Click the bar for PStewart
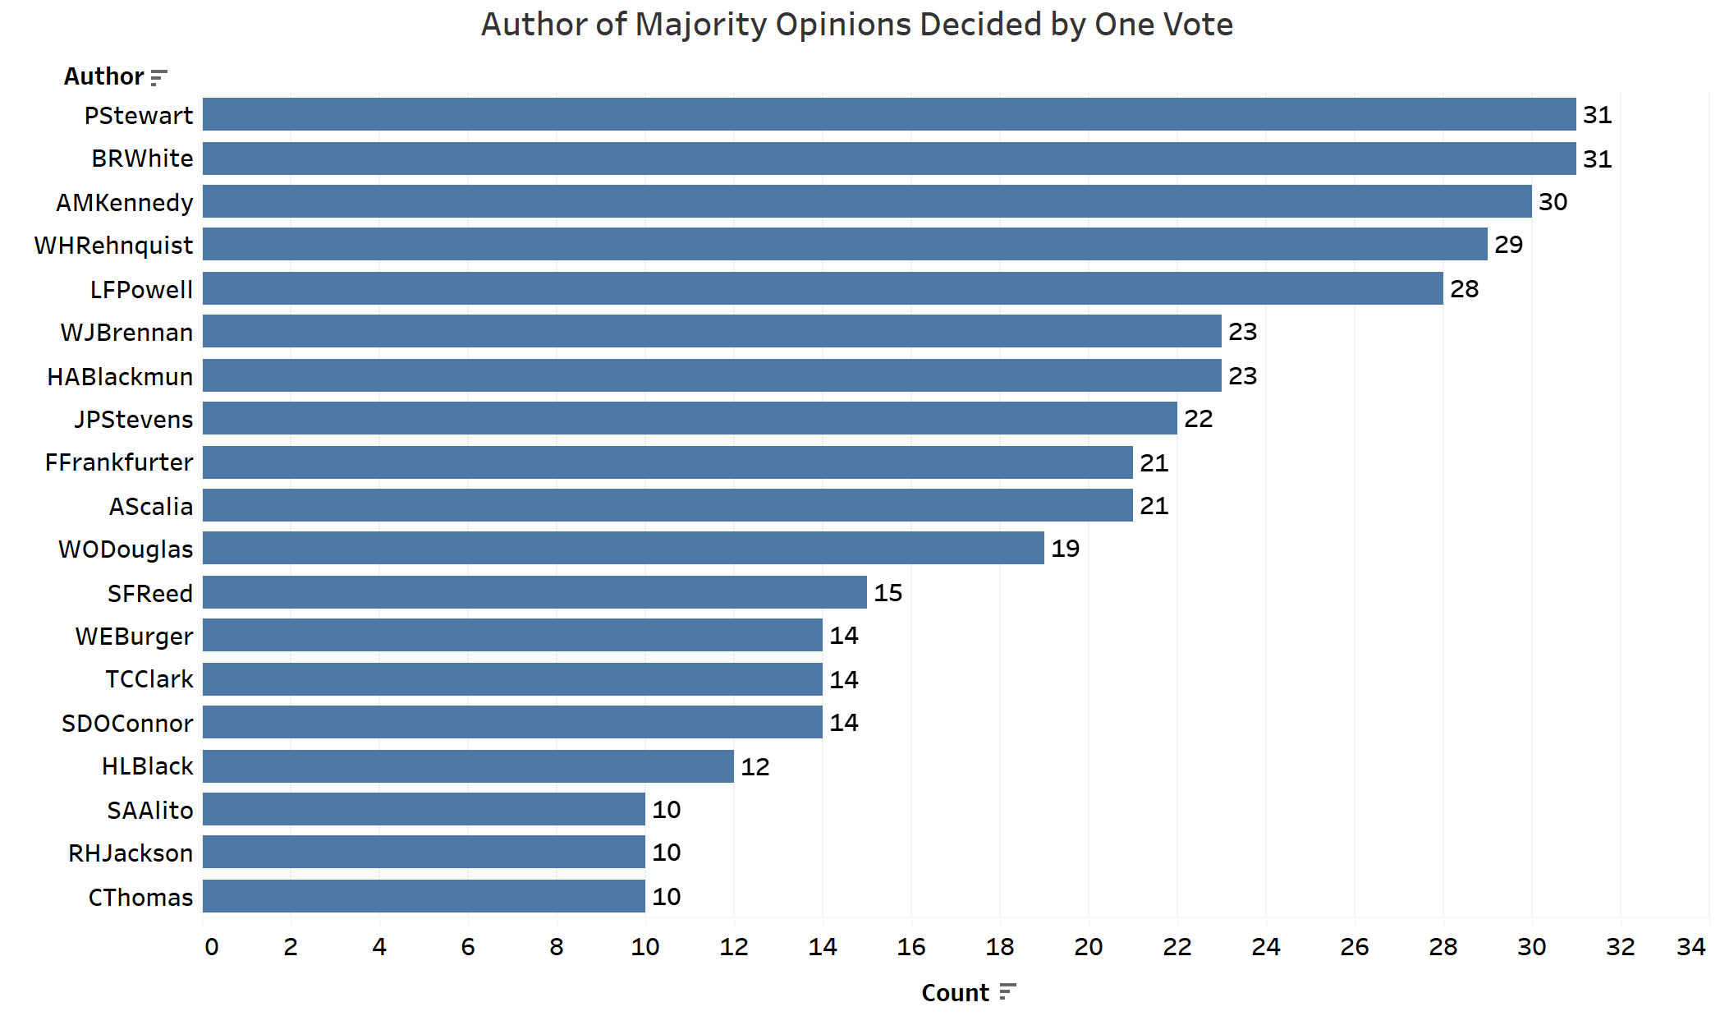[x=888, y=114]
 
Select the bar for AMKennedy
[x=866, y=201]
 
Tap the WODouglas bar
[x=622, y=548]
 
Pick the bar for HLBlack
[x=468, y=766]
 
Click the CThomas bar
[x=424, y=896]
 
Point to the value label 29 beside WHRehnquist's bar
[x=1508, y=245]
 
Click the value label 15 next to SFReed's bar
[x=888, y=593]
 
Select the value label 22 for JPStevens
[x=1198, y=419]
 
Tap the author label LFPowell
[x=141, y=289]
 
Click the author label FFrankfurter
[x=119, y=462]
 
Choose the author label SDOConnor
[x=127, y=724]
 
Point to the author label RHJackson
[x=131, y=853]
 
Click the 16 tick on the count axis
[x=910, y=947]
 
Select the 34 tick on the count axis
[x=1690, y=947]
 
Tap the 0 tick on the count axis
[x=211, y=947]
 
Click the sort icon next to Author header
[x=159, y=77]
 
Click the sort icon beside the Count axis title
[x=1007, y=992]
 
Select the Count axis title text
[x=955, y=993]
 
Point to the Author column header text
[x=103, y=76]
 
